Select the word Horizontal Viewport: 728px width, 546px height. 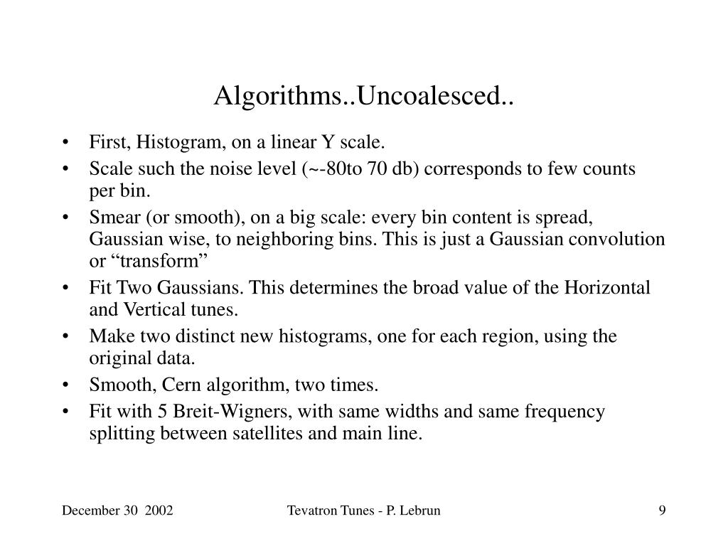click(608, 287)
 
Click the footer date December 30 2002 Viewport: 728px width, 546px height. click(117, 510)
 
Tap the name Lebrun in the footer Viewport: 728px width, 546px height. click(419, 510)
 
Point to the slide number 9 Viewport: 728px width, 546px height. click(662, 510)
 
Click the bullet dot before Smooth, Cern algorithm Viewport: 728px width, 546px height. click(66, 385)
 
